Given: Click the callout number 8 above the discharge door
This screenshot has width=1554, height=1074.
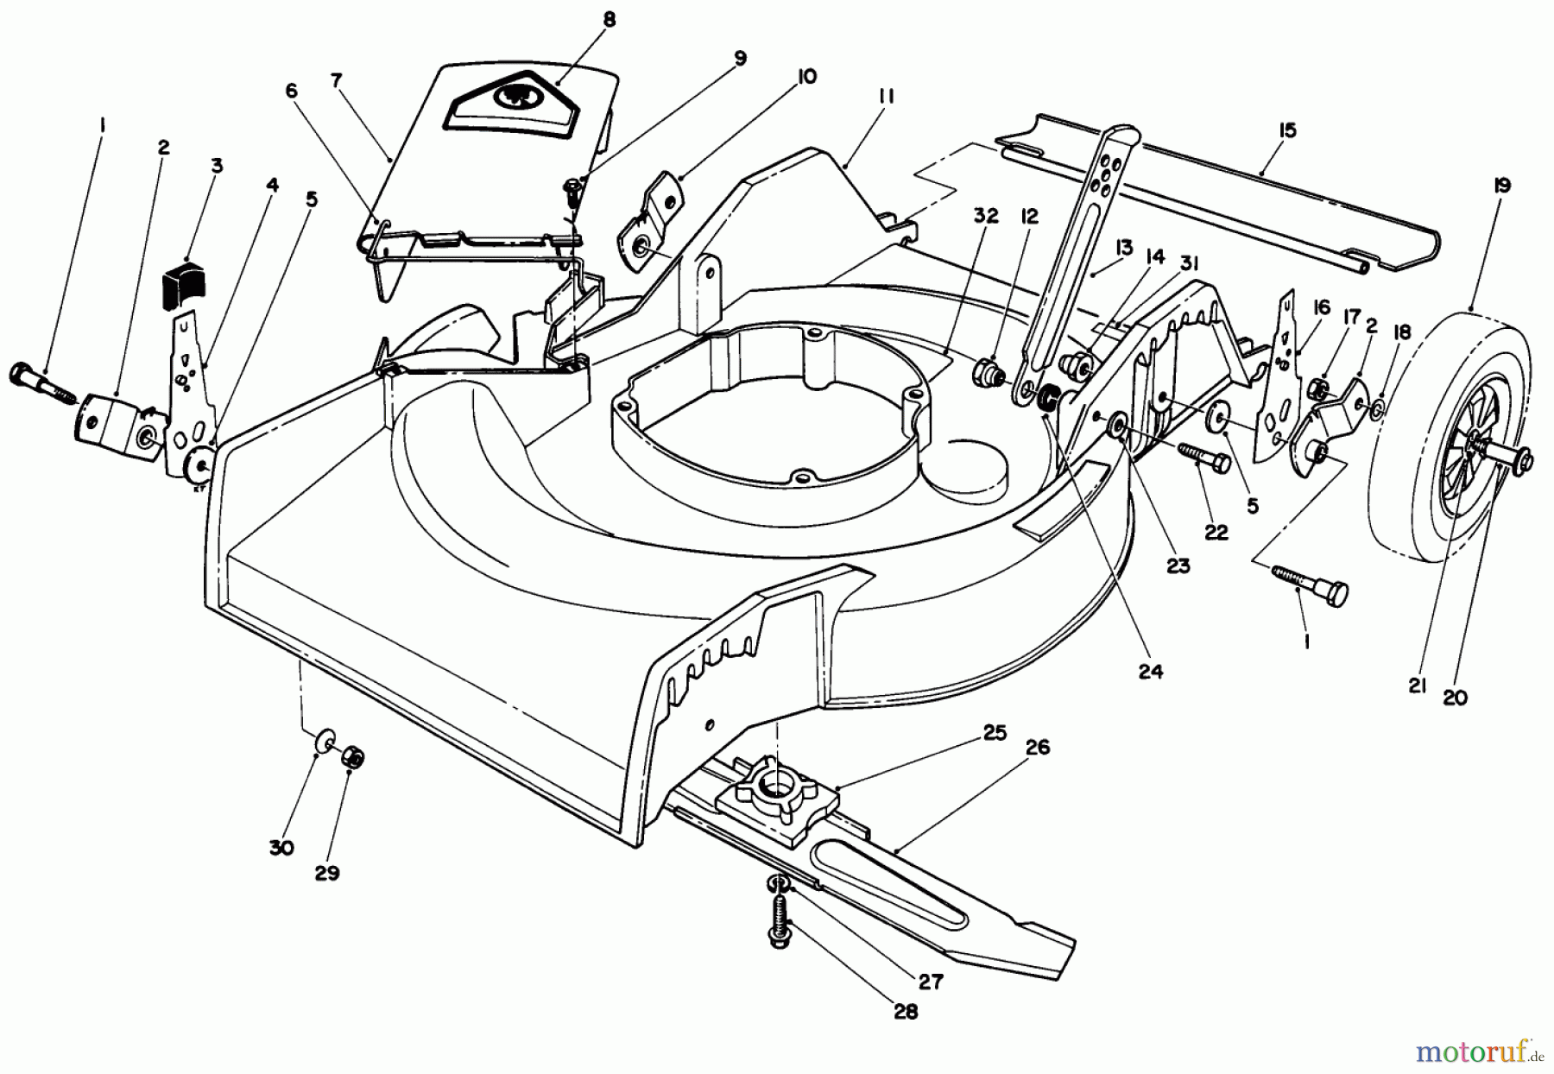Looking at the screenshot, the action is [x=610, y=20].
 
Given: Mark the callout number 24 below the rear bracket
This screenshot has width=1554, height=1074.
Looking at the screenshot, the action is [x=1151, y=671].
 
